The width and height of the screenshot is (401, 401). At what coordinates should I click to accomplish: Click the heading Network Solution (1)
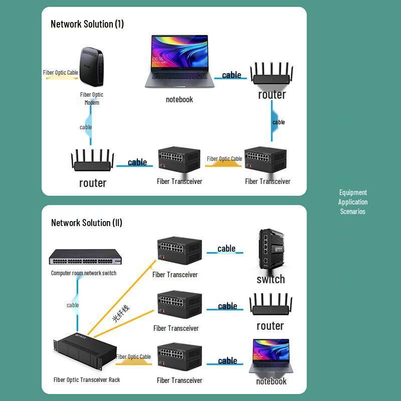click(87, 24)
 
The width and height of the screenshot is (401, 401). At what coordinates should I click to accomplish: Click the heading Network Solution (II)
click(87, 223)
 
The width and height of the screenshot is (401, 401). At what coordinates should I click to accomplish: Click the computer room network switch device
click(85, 258)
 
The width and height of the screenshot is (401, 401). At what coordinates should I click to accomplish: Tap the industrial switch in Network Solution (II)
click(271, 251)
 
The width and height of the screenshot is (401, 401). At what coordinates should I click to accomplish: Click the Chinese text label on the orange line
click(120, 313)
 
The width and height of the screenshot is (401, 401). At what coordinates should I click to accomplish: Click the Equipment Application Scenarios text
click(353, 202)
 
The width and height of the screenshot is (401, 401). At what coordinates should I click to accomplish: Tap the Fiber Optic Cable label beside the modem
click(61, 73)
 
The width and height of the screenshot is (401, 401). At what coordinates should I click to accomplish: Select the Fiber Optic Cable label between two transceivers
click(224, 159)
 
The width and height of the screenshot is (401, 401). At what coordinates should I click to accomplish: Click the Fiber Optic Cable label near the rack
click(133, 357)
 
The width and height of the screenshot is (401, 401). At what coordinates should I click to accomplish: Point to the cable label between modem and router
click(86, 127)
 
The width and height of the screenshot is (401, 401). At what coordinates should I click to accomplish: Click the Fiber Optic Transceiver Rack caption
click(87, 379)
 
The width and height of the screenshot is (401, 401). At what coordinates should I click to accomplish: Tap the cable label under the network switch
click(73, 305)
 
